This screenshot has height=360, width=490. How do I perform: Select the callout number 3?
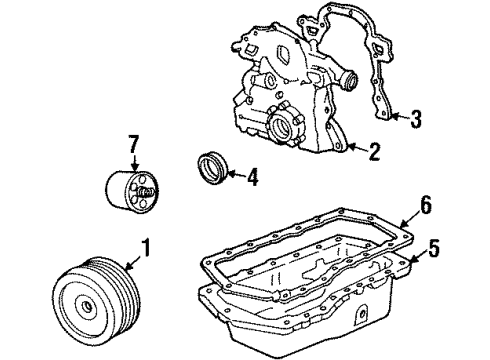pos(416,118)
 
